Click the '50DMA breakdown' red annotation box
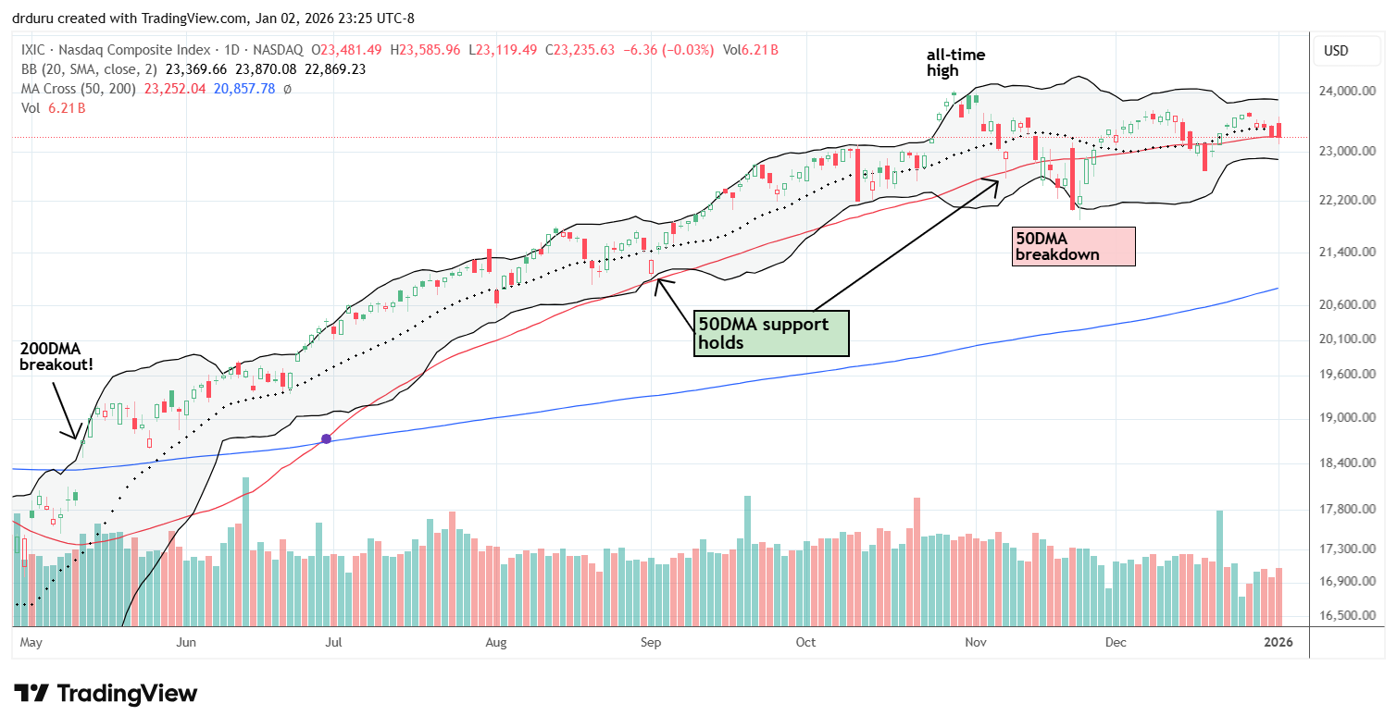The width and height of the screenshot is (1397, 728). tap(1074, 246)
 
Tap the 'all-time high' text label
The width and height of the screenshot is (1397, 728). tap(956, 63)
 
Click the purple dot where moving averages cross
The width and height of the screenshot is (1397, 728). tap(326, 438)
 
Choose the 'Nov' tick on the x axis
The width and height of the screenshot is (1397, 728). tap(974, 641)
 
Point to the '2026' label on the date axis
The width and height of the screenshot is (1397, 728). tap(1279, 641)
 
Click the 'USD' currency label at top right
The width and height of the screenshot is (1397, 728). tap(1335, 50)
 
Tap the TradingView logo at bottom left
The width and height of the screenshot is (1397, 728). tap(106, 694)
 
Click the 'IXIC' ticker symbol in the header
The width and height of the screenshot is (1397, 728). tap(34, 49)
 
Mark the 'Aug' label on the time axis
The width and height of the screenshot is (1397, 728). tap(496, 641)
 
